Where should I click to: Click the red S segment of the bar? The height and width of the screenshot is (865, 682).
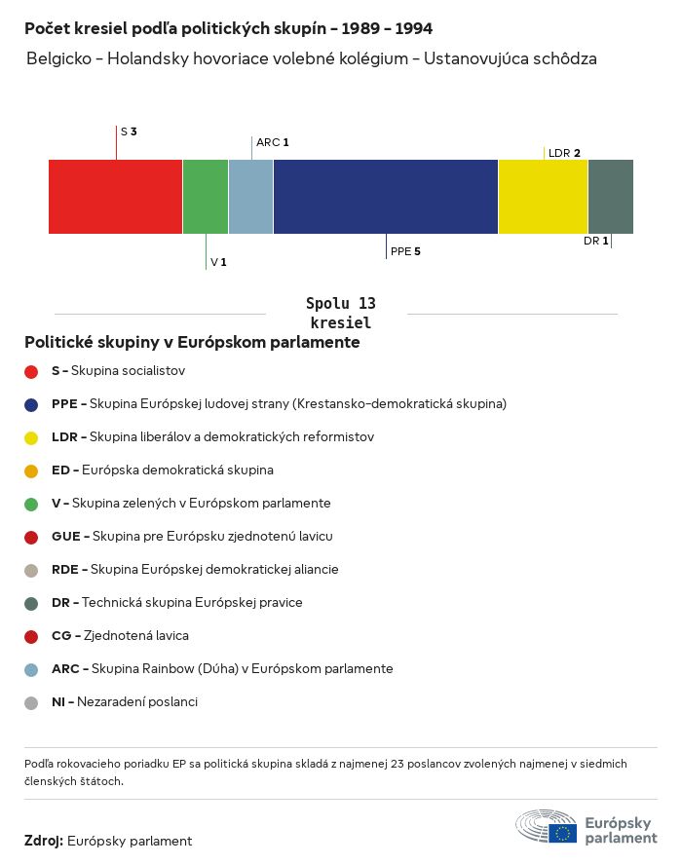click(x=115, y=197)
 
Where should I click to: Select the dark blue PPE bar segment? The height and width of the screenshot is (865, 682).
click(x=386, y=197)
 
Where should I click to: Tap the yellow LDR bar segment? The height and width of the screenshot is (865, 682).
click(x=543, y=197)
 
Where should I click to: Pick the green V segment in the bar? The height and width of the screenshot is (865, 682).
click(x=206, y=197)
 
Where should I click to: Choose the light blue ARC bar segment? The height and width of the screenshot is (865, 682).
click(x=250, y=197)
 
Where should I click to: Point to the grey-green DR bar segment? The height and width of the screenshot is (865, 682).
click(x=611, y=197)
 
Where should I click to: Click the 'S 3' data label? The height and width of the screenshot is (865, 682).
click(x=129, y=131)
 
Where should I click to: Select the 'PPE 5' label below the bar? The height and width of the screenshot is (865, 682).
click(x=405, y=251)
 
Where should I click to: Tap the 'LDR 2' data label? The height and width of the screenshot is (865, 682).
click(x=564, y=153)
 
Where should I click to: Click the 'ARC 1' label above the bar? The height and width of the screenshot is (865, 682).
click(x=272, y=142)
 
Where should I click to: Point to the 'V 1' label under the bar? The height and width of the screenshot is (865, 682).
click(x=218, y=263)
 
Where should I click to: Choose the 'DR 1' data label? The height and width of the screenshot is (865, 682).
click(x=596, y=241)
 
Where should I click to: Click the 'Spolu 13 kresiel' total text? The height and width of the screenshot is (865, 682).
click(x=340, y=313)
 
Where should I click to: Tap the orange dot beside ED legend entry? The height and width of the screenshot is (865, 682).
click(x=31, y=470)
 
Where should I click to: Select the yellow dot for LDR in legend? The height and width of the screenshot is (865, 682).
click(x=31, y=437)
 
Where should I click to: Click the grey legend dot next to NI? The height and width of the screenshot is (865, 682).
click(x=31, y=702)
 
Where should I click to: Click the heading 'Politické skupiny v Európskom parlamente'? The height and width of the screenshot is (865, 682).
click(x=192, y=343)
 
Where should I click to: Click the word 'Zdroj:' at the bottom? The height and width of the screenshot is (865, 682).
click(x=44, y=841)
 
